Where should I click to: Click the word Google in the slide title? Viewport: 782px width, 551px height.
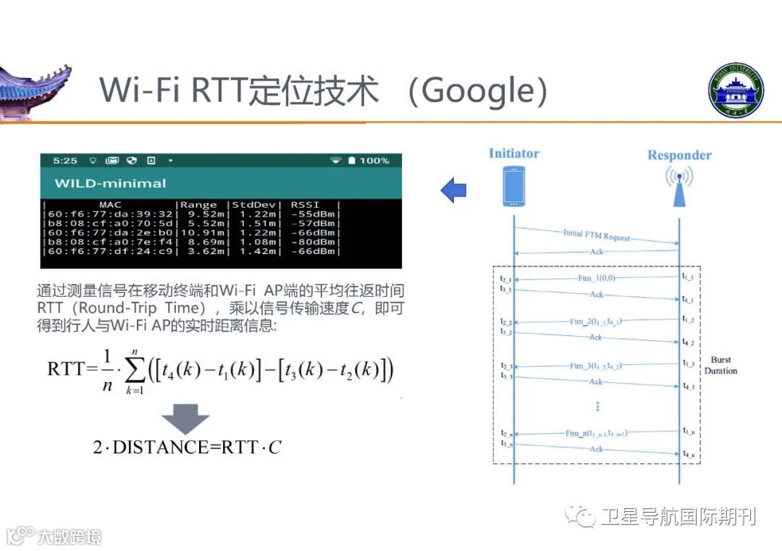pos(478,91)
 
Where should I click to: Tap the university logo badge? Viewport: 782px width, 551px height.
pos(735,91)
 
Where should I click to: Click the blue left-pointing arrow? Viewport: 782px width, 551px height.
pos(454,191)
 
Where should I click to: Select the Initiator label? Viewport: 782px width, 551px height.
pos(513,153)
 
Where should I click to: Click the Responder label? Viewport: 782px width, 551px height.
pos(678,155)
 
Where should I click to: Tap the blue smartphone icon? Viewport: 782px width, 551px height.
pos(513,186)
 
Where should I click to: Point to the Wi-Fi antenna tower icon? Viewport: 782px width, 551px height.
pos(679,186)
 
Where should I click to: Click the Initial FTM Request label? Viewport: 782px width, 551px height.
pos(596,235)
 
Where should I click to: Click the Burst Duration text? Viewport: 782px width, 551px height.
pos(721,365)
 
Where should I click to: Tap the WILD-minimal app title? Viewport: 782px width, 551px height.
pos(110,183)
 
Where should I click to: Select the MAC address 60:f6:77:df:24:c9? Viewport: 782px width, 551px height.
pos(110,251)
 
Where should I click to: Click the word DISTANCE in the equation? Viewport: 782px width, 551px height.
pos(160,447)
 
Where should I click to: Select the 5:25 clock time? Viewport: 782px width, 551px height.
pos(65,160)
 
